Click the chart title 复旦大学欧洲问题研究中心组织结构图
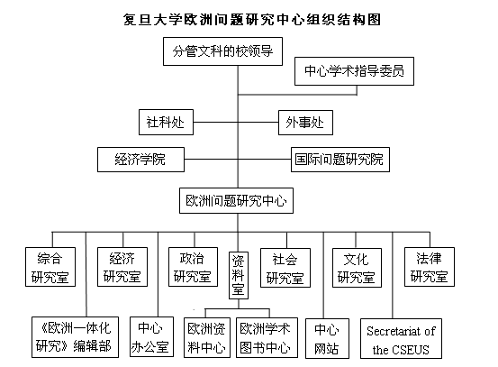pyautogui.click(x=252, y=20)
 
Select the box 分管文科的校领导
pyautogui.click(x=222, y=51)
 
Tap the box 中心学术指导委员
pyautogui.click(x=354, y=71)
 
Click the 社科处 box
pyautogui.click(x=166, y=123)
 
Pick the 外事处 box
pyautogui.click(x=305, y=123)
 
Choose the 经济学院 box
pyautogui.click(x=140, y=160)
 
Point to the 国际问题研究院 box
pyautogui.click(x=340, y=160)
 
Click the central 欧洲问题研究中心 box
pyautogui.click(x=236, y=201)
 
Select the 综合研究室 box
pyautogui.click(x=50, y=267)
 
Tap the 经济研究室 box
pyautogui.click(x=122, y=267)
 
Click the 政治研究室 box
pyautogui.click(x=193, y=267)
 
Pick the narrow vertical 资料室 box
pyautogui.click(x=239, y=275)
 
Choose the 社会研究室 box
pyautogui.click(x=285, y=268)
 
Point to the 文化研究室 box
pyautogui.click(x=357, y=268)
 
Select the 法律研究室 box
pyautogui.click(x=430, y=267)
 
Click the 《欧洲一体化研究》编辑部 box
pyautogui.click(x=75, y=337)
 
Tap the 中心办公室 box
pyautogui.click(x=151, y=336)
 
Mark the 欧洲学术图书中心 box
pyautogui.click(x=267, y=338)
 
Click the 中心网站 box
pyautogui.click(x=327, y=339)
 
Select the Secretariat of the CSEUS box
pyautogui.click(x=401, y=339)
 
